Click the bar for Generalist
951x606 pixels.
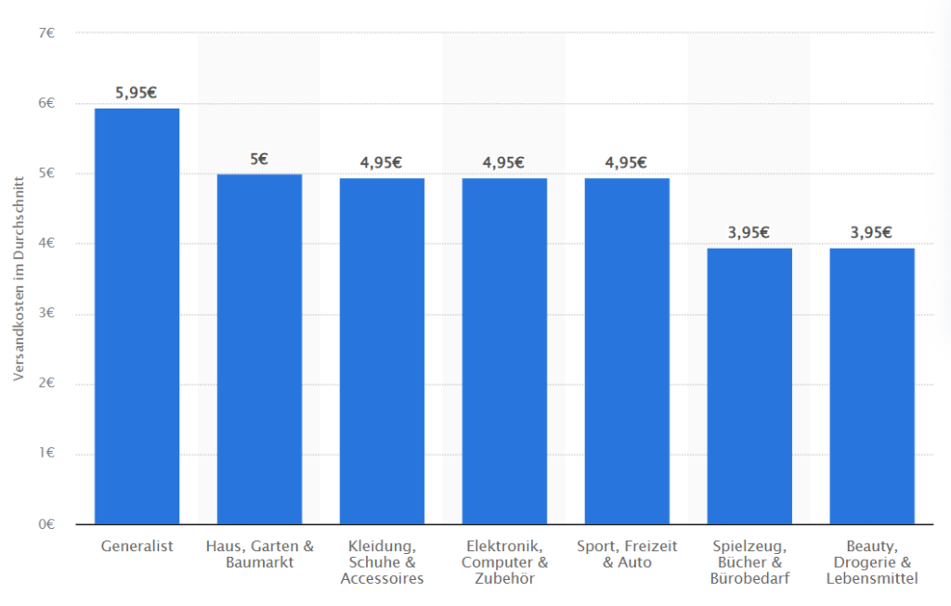(x=137, y=316)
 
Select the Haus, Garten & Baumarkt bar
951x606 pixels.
(x=259, y=349)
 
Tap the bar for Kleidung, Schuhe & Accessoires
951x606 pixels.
(x=382, y=351)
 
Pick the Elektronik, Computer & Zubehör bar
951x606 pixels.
(x=504, y=351)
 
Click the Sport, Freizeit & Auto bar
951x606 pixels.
(x=627, y=351)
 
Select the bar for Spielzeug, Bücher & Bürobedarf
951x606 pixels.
(x=749, y=386)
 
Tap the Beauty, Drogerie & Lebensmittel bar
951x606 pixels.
(x=872, y=386)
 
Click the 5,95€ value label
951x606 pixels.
(x=137, y=93)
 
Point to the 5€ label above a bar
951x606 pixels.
(x=259, y=159)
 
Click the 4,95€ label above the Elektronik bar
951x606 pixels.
(x=504, y=162)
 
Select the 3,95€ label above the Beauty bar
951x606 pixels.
(x=872, y=232)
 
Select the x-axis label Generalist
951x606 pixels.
(x=137, y=547)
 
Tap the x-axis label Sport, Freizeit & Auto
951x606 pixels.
(x=627, y=554)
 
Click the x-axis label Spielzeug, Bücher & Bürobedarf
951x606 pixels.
(x=749, y=562)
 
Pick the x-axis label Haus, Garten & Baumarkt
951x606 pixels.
(x=259, y=554)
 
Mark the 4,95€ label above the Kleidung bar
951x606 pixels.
(x=382, y=162)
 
